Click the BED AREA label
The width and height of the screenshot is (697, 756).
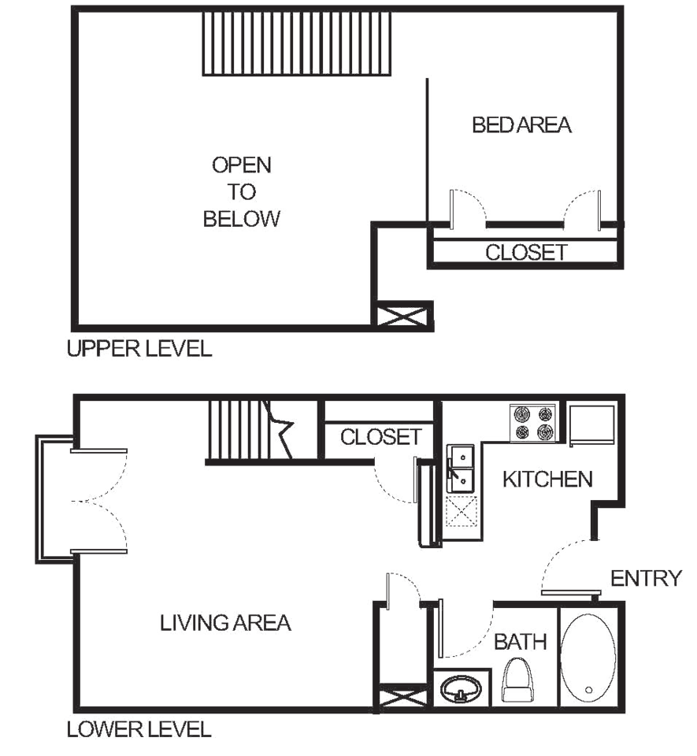coord(523,124)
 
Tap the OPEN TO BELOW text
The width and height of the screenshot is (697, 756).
coord(242,192)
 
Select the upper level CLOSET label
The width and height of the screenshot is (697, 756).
coord(525,253)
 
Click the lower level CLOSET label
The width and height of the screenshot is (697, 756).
coord(381,435)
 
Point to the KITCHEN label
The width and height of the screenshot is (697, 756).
coord(548,479)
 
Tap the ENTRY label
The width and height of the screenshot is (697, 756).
coord(646,579)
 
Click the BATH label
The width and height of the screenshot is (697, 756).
coord(521,642)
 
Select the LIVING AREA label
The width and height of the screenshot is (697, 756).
coord(226,623)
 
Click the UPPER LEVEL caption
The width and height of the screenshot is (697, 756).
coord(140,348)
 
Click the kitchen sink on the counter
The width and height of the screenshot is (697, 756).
coord(459,467)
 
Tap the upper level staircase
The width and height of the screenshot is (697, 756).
coord(297,44)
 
